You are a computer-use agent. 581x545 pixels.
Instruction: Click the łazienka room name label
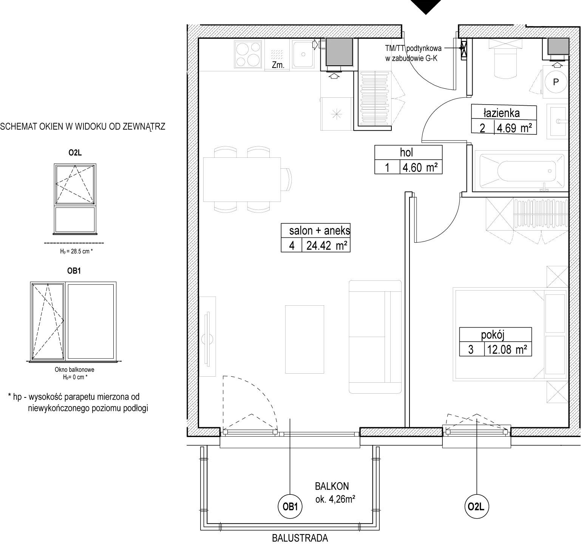point(502,113)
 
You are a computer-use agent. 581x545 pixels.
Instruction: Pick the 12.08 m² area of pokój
point(507,349)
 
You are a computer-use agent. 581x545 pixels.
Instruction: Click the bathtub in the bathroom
point(518,170)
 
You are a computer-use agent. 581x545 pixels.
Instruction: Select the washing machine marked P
point(555,82)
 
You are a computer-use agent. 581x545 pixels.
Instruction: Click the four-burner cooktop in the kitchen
point(248,54)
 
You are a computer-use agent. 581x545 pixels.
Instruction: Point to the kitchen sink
point(303,54)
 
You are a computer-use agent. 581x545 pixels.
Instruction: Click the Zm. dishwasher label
point(278,65)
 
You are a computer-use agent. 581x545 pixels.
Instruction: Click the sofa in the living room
point(375,337)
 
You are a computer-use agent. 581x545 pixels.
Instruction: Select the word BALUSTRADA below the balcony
point(300,538)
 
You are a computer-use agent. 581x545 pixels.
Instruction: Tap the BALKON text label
point(332,487)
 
